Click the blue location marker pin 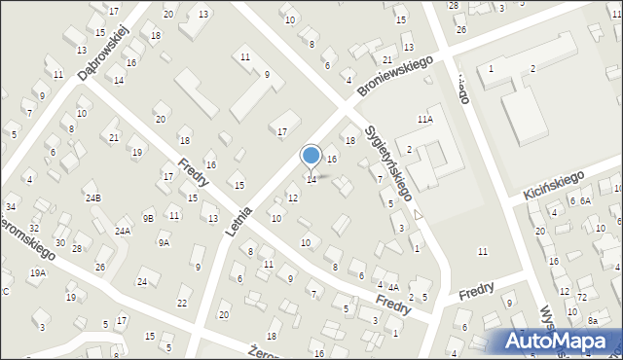click(x=311, y=156)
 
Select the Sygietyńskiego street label click(x=394, y=162)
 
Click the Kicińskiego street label click(x=551, y=182)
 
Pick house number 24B click(x=92, y=198)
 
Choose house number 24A click(x=123, y=232)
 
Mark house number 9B click(x=148, y=218)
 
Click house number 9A click(x=164, y=243)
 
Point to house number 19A click(x=37, y=273)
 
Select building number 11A click(x=424, y=119)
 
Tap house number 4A click(x=393, y=287)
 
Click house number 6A click(x=586, y=200)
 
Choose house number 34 click(x=11, y=206)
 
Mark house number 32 click(x=34, y=229)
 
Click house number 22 click(x=182, y=303)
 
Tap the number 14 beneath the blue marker click(x=311, y=180)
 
